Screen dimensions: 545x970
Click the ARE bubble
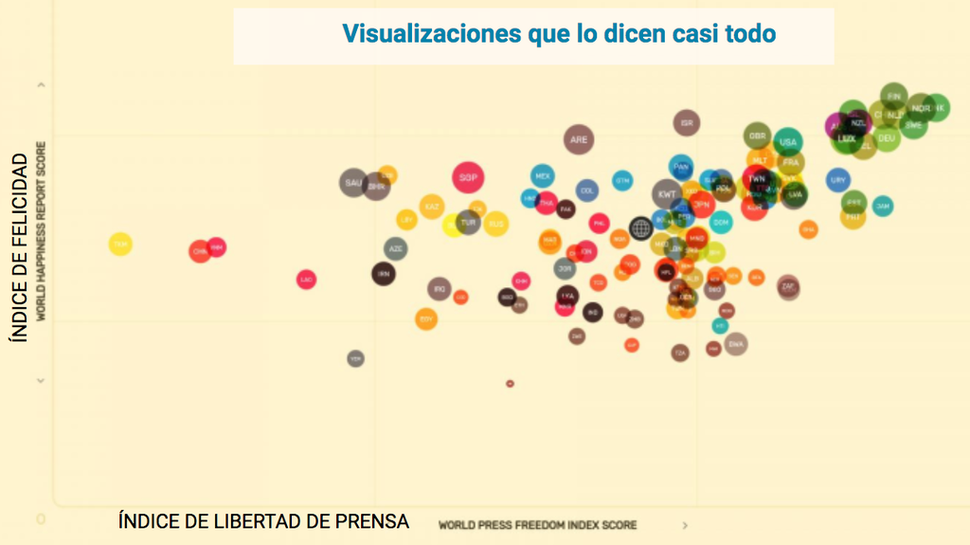pos(579,140)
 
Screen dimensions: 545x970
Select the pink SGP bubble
pos(467,177)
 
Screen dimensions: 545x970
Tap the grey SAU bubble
pos(353,183)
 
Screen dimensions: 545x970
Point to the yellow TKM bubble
pos(120,245)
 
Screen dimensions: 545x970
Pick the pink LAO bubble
pos(306,280)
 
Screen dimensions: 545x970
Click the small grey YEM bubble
pos(355,358)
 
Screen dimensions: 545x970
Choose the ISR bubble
pos(687,123)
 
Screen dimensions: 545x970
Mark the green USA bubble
pos(787,143)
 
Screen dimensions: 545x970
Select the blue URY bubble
pos(837,179)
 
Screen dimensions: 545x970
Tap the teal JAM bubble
pos(883,205)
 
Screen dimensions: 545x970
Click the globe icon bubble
pos(641,227)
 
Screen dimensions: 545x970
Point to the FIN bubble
pos(893,96)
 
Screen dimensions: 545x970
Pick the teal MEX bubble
pos(543,175)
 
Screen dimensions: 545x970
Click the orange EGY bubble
pos(426,319)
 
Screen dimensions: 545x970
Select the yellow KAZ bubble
pos(432,207)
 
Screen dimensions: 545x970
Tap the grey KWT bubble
pos(667,194)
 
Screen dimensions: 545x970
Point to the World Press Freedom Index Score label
pos(537,525)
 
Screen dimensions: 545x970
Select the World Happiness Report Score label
pos(42,231)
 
